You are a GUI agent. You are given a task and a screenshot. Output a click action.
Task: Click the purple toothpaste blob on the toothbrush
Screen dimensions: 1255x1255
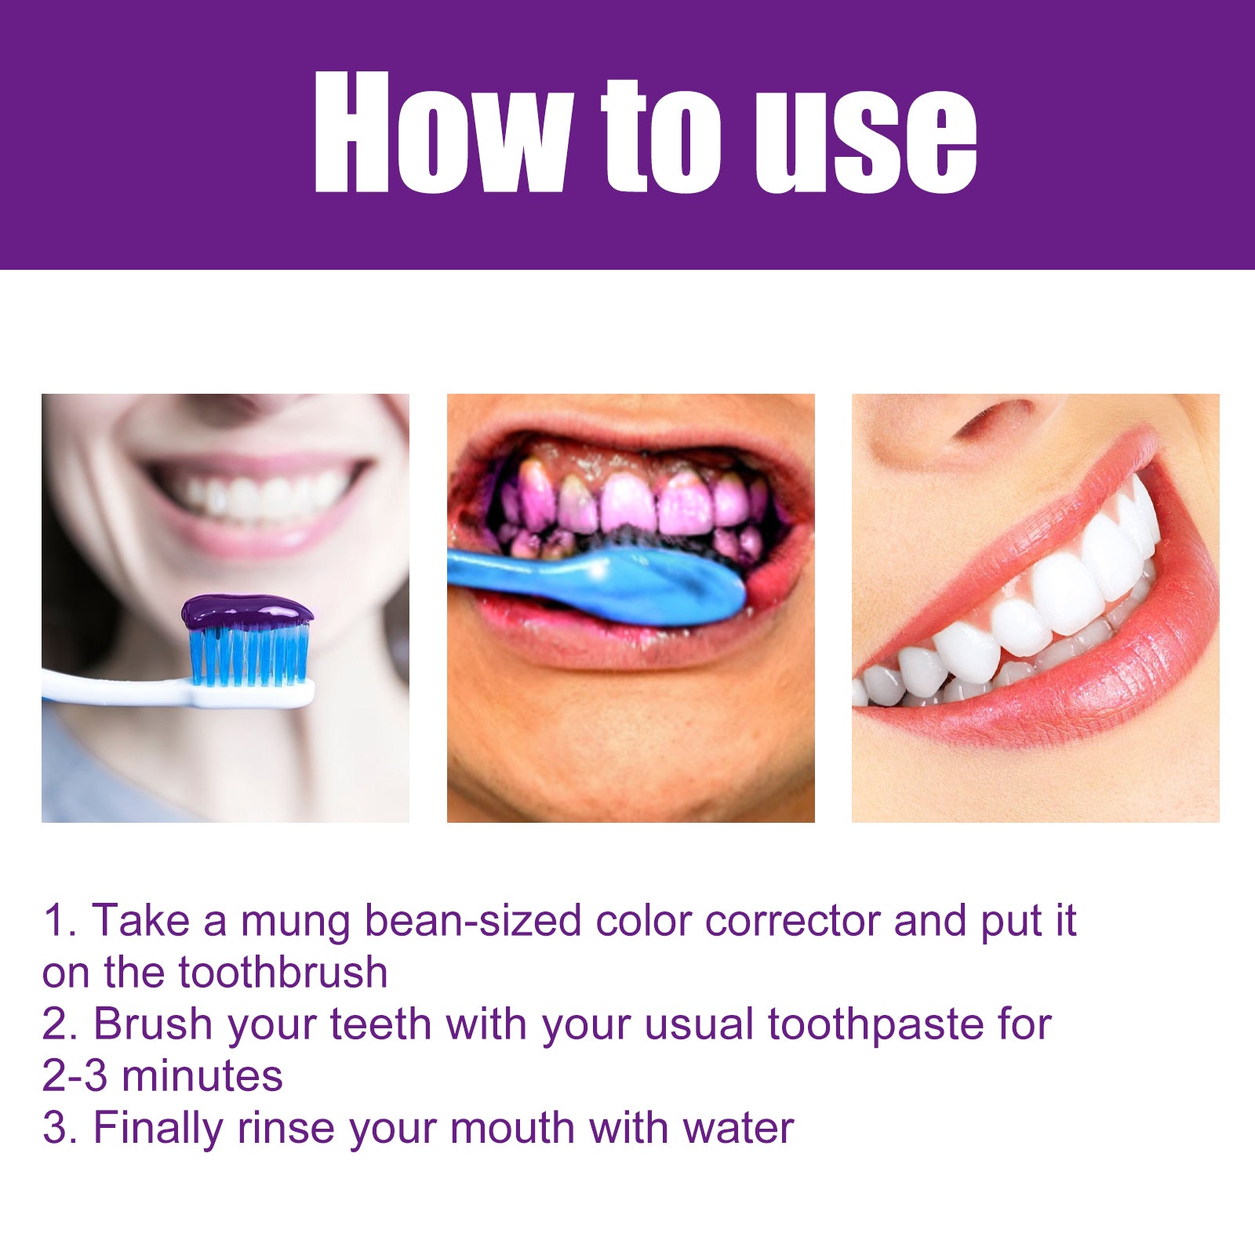click(247, 611)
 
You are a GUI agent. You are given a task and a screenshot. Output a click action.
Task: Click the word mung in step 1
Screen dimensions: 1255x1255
click(294, 921)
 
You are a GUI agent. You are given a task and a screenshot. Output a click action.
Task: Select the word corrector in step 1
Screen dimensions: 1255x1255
click(792, 921)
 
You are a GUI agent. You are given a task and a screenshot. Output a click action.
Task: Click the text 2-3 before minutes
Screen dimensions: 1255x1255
click(75, 1076)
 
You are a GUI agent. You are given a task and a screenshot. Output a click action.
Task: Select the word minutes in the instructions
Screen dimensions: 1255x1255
click(202, 1076)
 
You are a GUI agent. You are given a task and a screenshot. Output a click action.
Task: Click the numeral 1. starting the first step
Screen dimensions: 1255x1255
click(59, 921)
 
